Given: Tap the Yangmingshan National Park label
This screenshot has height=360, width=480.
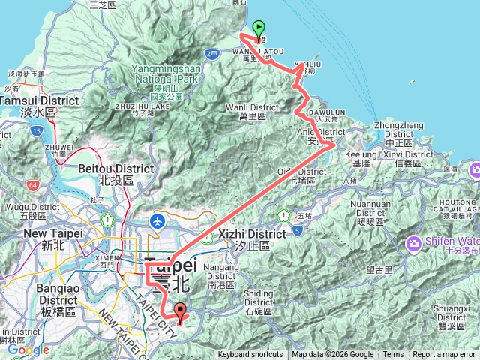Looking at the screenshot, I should tap(164, 73).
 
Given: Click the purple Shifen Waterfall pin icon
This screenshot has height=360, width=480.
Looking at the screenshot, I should tap(414, 242).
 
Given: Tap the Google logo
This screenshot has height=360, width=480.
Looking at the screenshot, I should tap(28, 349).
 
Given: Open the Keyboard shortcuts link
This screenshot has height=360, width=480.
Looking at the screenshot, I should tap(250, 355).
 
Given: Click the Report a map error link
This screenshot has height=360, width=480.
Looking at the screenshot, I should tap(444, 355).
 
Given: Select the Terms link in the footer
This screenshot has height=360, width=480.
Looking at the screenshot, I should tap(393, 355).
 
